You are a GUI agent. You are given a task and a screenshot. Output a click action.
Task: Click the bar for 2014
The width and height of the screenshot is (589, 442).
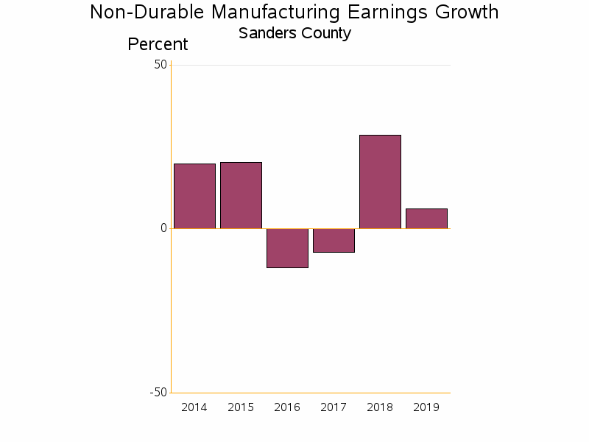coord(194,196)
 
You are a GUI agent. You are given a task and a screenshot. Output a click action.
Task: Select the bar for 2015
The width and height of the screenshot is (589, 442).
coord(241,195)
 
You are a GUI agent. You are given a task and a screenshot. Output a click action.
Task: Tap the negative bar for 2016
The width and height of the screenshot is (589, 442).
coord(287,248)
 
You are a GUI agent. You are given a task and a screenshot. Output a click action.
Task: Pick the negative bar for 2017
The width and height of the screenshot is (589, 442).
coord(334,240)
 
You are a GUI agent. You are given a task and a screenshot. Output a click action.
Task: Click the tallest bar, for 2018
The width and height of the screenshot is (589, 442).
coord(380,181)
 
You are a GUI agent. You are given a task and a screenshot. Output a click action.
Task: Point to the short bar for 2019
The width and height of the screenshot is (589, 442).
coord(426,218)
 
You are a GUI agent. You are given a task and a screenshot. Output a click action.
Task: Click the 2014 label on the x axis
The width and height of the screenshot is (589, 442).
coord(194,407)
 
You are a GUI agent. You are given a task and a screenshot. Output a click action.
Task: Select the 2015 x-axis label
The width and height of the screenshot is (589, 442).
coord(241,407)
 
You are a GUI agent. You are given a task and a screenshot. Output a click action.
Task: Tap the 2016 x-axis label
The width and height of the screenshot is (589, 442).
coord(287,407)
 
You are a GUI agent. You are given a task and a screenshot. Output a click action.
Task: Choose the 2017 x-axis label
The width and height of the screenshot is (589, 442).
coord(334,407)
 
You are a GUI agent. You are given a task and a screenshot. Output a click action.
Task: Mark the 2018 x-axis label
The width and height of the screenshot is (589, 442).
coord(380,407)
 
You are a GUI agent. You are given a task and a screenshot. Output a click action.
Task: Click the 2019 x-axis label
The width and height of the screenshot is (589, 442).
coord(426,407)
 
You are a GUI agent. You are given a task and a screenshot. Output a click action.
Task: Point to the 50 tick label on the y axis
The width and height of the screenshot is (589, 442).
coord(161,65)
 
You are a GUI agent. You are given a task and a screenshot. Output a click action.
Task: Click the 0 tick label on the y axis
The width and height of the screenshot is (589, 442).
coord(163,228)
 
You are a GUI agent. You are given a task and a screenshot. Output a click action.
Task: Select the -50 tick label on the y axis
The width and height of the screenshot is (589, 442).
coord(158,392)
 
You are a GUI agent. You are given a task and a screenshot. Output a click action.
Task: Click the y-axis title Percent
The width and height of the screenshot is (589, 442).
coord(158,44)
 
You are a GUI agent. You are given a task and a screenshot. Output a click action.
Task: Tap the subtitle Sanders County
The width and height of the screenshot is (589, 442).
coord(294,33)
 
